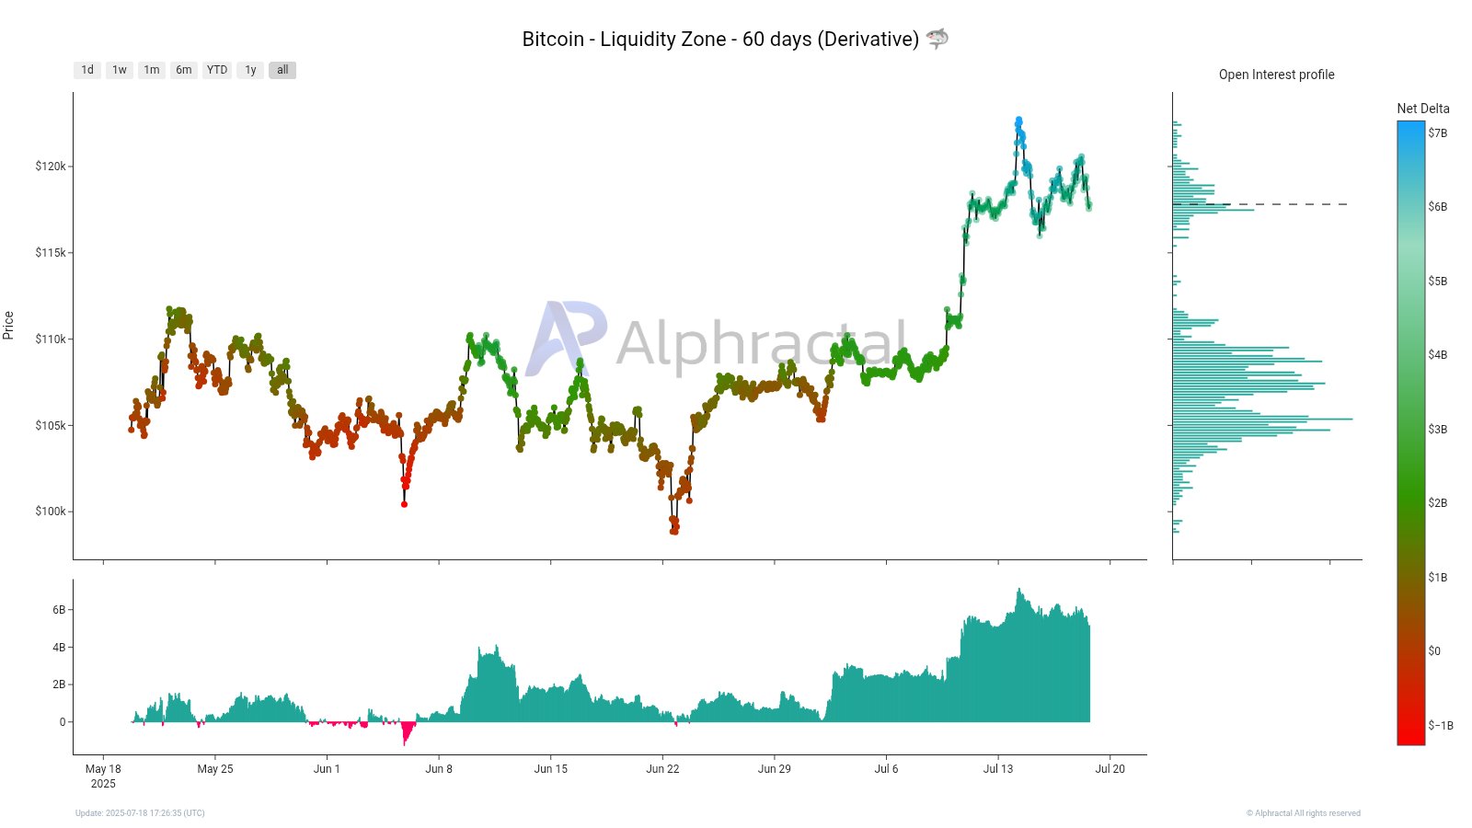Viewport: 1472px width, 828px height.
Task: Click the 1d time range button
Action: (x=87, y=70)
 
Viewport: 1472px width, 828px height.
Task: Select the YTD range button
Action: (x=217, y=70)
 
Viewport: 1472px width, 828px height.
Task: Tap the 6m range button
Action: (x=184, y=70)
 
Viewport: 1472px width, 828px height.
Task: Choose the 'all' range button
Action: (x=282, y=70)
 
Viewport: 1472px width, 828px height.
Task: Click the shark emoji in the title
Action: (x=937, y=39)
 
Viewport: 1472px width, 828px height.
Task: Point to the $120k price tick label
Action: (x=51, y=167)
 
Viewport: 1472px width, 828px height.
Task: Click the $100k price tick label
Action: (x=51, y=512)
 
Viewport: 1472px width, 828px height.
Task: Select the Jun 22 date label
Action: (x=662, y=769)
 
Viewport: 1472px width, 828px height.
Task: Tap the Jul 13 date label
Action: (x=998, y=769)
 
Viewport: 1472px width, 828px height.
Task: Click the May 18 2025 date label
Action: (x=103, y=776)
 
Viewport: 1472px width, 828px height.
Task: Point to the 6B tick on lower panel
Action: (x=59, y=610)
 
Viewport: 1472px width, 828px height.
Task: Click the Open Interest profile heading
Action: (x=1276, y=75)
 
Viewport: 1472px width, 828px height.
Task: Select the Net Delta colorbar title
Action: (x=1422, y=109)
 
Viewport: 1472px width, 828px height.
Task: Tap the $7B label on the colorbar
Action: (x=1437, y=133)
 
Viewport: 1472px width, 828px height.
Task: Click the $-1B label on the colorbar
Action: (x=1441, y=726)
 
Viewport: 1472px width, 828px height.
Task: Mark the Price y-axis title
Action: (x=9, y=325)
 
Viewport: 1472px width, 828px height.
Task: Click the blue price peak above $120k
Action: (x=1018, y=121)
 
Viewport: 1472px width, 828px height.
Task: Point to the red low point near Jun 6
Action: (x=404, y=503)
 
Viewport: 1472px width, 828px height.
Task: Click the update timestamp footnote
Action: (x=140, y=813)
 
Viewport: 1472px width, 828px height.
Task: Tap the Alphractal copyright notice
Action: (x=1303, y=813)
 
